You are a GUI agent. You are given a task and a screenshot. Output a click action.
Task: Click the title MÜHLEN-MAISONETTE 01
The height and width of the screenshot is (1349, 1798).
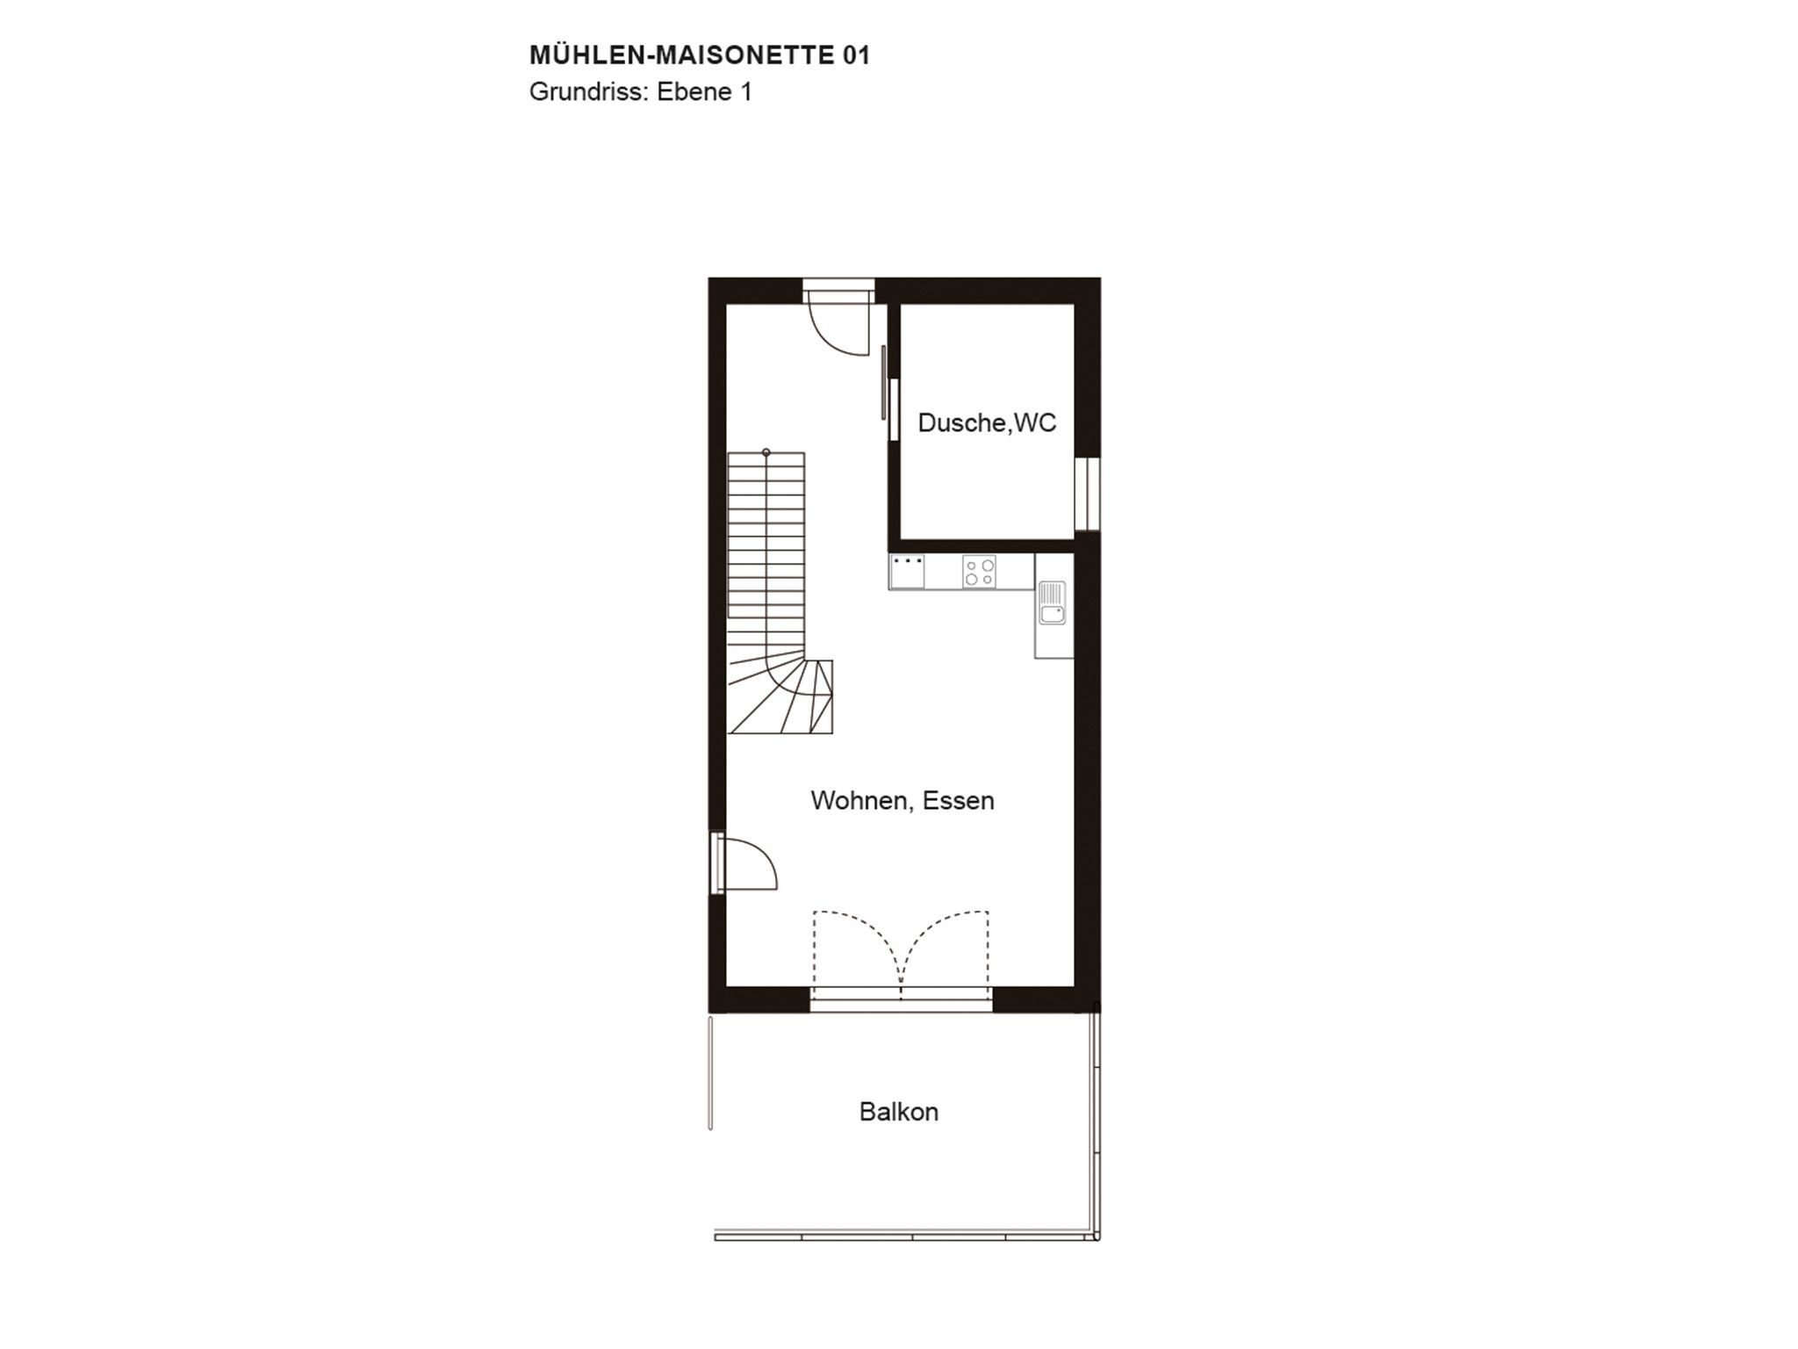coord(700,55)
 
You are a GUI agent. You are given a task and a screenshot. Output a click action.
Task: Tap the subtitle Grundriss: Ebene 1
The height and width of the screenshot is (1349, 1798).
coord(641,92)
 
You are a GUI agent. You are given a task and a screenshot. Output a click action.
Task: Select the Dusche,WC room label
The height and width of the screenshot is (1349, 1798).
coord(987,423)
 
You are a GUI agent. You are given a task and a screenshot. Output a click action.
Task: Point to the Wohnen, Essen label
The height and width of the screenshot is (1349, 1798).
coord(903,801)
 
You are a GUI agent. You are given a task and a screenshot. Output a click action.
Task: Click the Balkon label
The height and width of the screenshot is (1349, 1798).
coord(899,1112)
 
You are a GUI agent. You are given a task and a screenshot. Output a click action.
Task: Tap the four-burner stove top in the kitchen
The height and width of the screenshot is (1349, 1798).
coord(979,572)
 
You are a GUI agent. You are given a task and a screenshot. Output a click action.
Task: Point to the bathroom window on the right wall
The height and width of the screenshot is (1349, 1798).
coord(1087,494)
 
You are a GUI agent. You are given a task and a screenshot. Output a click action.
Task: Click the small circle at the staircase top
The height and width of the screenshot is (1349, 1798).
coord(766,453)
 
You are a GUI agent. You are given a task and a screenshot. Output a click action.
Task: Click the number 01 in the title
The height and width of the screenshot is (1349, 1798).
coord(857,55)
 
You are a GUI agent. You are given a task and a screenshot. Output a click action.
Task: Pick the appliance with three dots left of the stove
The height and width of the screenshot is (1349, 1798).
coord(907,572)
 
